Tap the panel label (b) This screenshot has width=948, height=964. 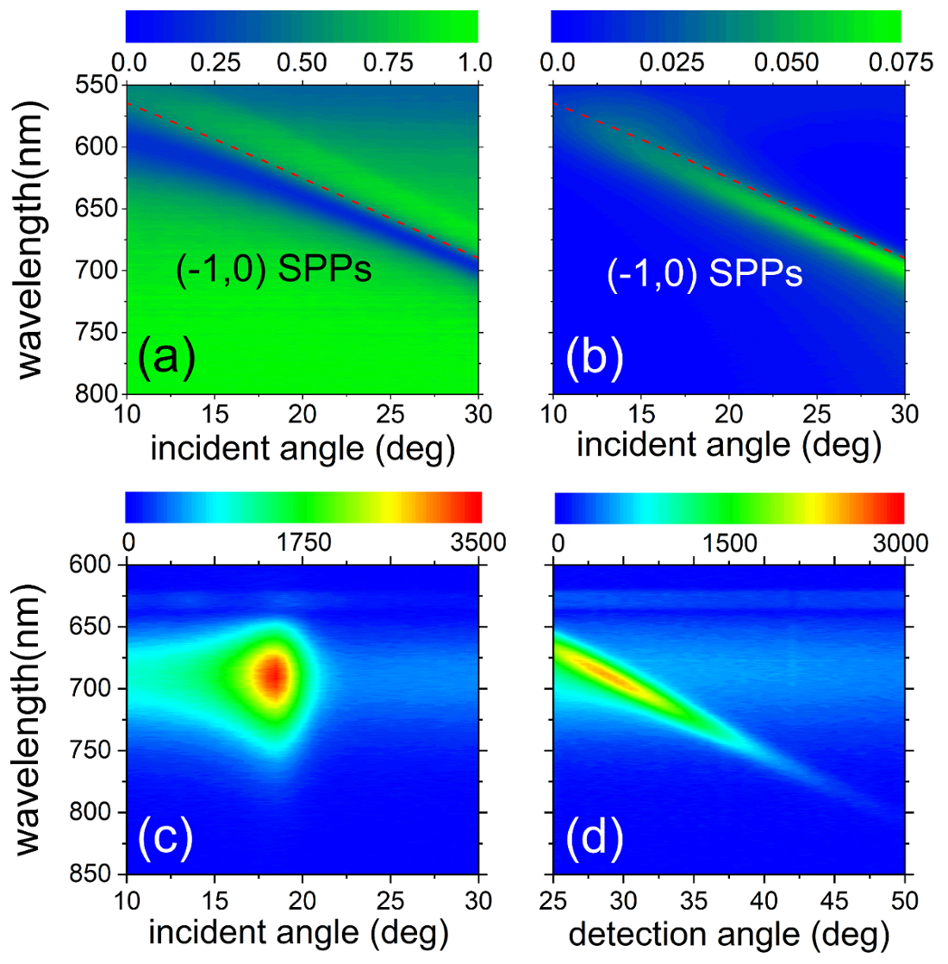595,358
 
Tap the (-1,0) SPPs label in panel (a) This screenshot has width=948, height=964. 273,269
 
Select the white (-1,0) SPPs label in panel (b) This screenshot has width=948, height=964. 704,273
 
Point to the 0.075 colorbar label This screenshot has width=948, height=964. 899,63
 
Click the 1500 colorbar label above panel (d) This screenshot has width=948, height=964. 731,543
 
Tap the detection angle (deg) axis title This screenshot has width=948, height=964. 729,933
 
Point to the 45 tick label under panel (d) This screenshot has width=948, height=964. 835,902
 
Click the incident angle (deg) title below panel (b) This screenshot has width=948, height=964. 729,445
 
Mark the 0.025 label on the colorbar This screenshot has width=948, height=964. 670,63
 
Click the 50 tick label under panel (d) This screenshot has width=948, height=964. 903,902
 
